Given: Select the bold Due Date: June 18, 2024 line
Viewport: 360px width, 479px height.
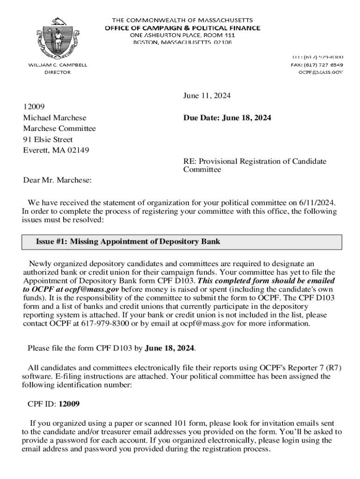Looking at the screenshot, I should click(x=227, y=118).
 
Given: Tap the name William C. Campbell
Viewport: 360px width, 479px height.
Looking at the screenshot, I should click(x=58, y=65).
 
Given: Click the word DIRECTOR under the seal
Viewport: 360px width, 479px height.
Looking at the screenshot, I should click(x=58, y=73).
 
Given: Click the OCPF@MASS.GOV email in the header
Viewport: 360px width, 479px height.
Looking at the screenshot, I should click(x=321, y=73).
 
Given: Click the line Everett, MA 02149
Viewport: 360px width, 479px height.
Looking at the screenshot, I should click(x=56, y=150).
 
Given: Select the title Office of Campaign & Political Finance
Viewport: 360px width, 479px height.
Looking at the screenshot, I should click(x=182, y=28).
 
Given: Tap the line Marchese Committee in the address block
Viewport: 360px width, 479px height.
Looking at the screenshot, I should click(x=59, y=129).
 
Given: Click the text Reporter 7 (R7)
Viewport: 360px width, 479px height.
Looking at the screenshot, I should click(x=318, y=368).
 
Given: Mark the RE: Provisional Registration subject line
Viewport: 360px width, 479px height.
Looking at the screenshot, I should click(x=254, y=161).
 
